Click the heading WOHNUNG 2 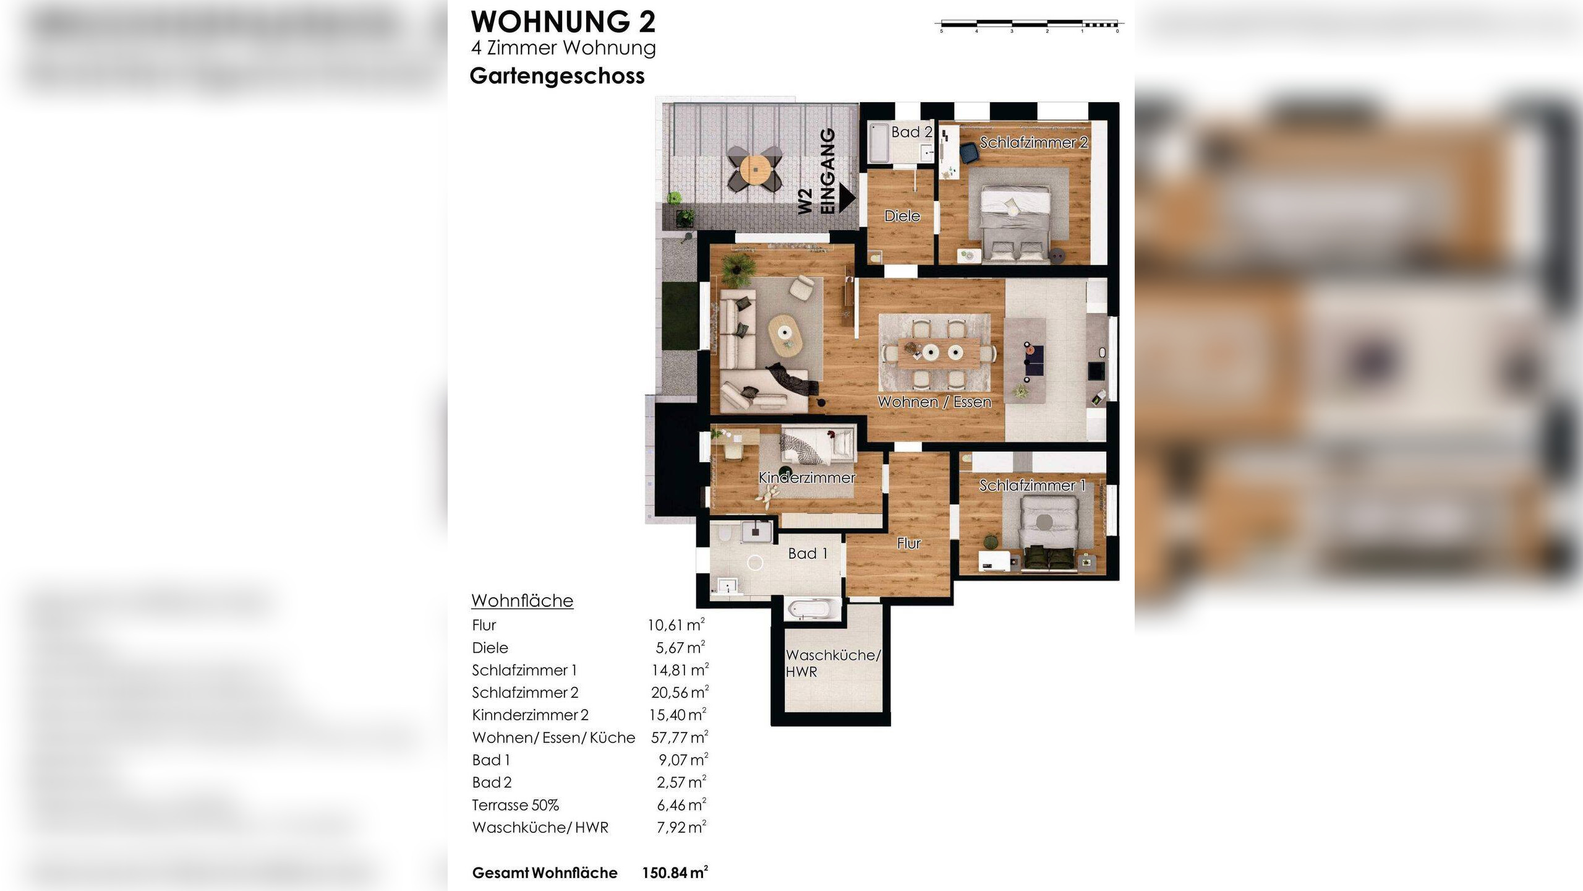[563, 22]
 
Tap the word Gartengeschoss [557, 76]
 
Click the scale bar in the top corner [1030, 25]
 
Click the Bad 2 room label [911, 132]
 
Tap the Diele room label [902, 216]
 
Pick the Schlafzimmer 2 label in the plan [1034, 142]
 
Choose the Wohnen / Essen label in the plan [934, 402]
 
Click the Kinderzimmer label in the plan [807, 478]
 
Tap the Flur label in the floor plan [909, 543]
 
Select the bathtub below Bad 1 [813, 608]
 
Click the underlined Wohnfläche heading [523, 601]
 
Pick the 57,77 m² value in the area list [680, 737]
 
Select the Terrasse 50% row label [515, 805]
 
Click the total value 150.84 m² [675, 872]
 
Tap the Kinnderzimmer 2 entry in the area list [530, 715]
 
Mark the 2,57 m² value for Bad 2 [682, 782]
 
